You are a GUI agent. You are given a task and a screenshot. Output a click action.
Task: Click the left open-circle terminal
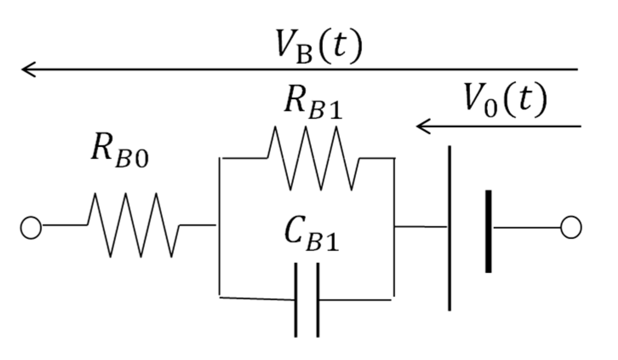(31, 227)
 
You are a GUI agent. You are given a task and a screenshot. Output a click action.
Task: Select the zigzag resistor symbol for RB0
(133, 225)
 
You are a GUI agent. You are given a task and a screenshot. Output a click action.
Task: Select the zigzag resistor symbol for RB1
(313, 158)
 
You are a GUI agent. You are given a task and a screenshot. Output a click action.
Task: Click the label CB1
(312, 237)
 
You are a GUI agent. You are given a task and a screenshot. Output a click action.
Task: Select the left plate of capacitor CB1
(296, 300)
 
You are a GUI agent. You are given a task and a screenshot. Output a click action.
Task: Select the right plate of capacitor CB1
(317, 300)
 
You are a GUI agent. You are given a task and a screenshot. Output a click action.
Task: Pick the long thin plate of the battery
(449, 228)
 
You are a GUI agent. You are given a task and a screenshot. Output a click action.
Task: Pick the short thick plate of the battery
(488, 231)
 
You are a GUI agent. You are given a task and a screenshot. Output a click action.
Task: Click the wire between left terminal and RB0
(64, 225)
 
